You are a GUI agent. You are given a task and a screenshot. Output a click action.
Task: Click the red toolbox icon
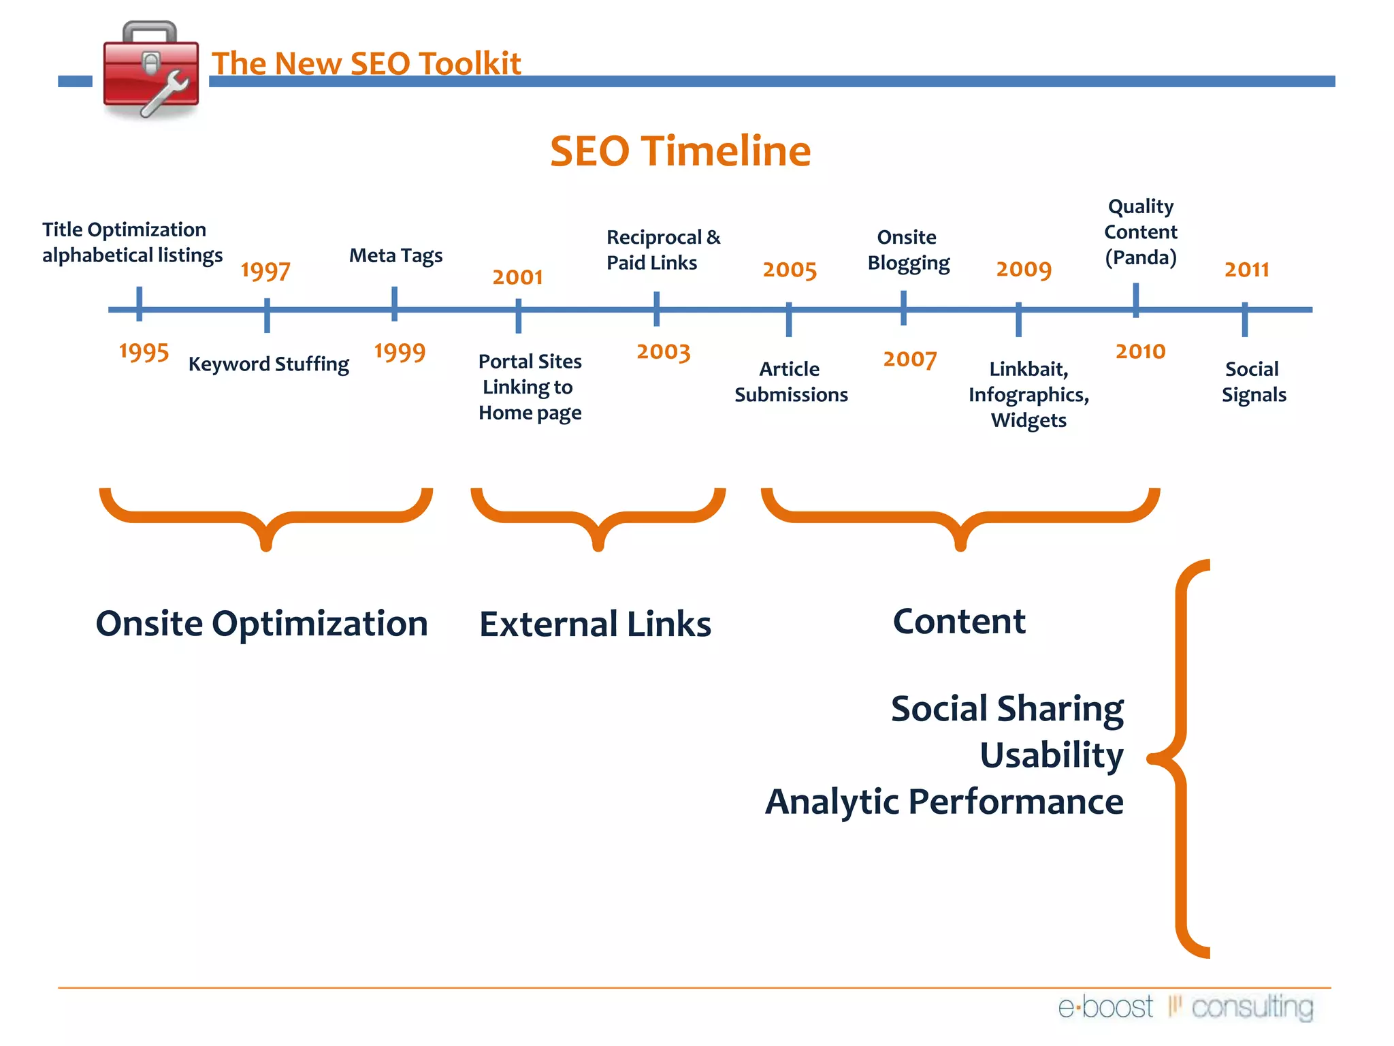151,72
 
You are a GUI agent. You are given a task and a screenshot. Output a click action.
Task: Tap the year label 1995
144,352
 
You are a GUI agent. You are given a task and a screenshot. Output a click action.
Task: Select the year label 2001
517,276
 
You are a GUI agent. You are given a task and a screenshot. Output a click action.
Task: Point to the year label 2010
1140,351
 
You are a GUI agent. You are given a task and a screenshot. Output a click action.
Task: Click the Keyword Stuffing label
268,364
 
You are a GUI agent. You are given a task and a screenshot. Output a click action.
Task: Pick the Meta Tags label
395,255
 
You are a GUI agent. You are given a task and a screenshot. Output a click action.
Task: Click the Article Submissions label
790,381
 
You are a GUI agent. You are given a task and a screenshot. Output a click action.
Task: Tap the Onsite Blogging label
908,250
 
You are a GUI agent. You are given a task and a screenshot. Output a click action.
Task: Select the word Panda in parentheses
1141,258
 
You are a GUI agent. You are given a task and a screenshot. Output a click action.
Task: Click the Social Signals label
1253,381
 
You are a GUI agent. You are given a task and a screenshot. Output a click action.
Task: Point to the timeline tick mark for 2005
789,319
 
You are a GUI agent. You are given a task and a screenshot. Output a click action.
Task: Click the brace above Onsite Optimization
266,518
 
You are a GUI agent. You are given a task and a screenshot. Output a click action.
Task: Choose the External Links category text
595,624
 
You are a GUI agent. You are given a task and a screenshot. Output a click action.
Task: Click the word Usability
1052,755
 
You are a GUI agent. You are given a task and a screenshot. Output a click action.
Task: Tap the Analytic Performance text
944,802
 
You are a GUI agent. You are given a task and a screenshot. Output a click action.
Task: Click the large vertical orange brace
1183,758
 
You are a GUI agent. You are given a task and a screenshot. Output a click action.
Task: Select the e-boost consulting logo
1185,1007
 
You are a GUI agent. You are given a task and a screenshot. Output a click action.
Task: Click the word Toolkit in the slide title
470,63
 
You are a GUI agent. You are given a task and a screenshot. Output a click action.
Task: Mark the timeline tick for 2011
1244,319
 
